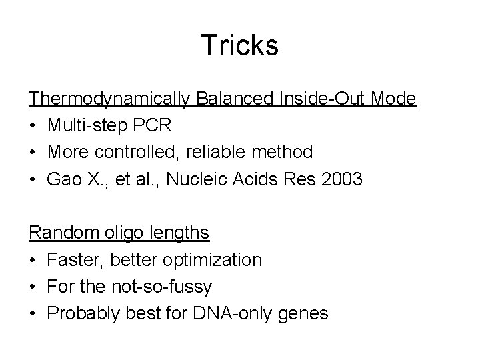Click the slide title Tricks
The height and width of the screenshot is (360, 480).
pyautogui.click(x=240, y=45)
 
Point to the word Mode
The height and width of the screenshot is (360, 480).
pyautogui.click(x=395, y=99)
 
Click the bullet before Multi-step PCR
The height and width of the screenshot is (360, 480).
pyautogui.click(x=33, y=126)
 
